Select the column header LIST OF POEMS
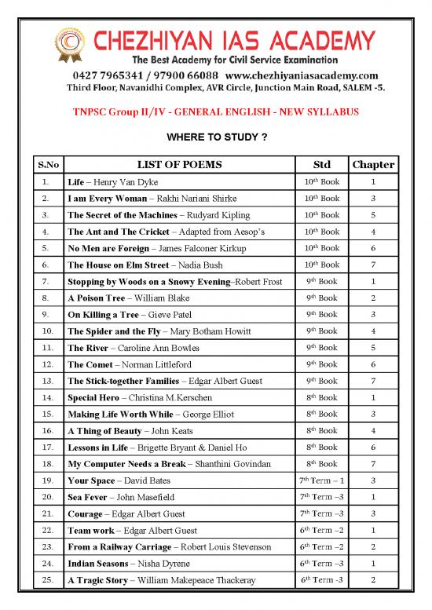coord(179,164)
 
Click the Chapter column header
coord(373,164)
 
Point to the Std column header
coord(321,164)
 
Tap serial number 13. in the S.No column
coord(48,381)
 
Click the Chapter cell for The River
coord(373,348)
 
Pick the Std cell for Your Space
coord(321,480)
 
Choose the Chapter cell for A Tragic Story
coord(373,580)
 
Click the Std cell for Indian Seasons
coord(321,564)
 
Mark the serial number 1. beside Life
coord(48,182)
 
